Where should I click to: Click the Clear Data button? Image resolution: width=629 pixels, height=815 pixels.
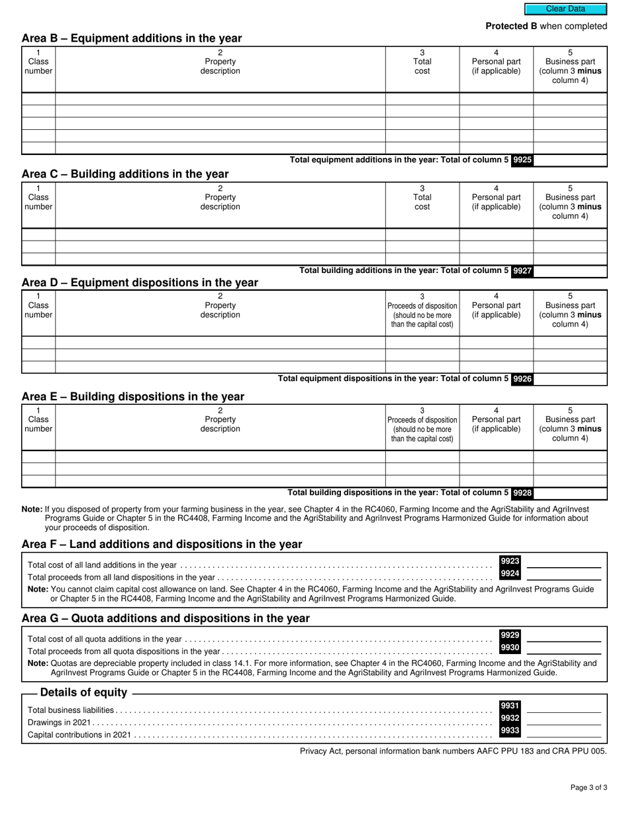pyautogui.click(x=565, y=9)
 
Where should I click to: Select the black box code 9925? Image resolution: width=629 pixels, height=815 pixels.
pyautogui.click(x=522, y=160)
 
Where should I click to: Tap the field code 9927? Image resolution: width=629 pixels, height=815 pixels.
pyautogui.click(x=522, y=270)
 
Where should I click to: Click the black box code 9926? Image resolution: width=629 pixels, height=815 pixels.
pyautogui.click(x=522, y=379)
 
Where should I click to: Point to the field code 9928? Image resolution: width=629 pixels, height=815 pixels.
pyautogui.click(x=522, y=493)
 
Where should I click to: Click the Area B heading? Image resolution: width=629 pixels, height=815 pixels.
pyautogui.click(x=132, y=38)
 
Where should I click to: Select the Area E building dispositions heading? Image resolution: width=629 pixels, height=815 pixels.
pyautogui.click(x=133, y=397)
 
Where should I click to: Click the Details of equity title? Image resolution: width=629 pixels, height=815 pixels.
pyautogui.click(x=83, y=692)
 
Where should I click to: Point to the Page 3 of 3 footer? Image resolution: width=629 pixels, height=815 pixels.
pyautogui.click(x=589, y=788)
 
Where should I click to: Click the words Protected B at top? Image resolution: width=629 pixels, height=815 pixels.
pyautogui.click(x=511, y=27)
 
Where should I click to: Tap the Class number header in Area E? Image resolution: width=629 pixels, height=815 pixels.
pyautogui.click(x=38, y=424)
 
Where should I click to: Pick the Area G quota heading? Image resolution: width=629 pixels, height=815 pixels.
pyautogui.click(x=166, y=618)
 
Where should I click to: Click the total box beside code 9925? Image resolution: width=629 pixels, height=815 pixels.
pyautogui.click(x=570, y=160)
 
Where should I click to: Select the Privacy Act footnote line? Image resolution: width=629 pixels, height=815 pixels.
pyautogui.click(x=453, y=751)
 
